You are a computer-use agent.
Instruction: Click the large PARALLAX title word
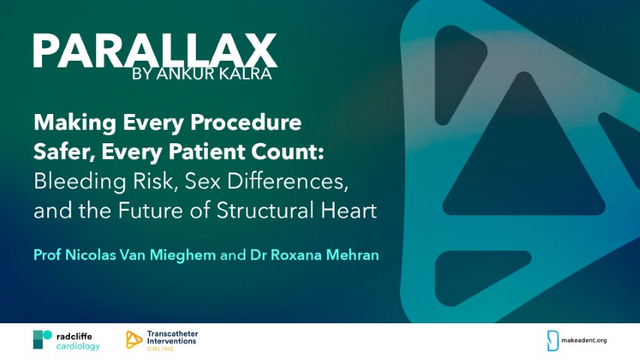[155, 51]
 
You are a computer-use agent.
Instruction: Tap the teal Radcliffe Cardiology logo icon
[42, 339]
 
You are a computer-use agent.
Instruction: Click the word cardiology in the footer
[78, 346]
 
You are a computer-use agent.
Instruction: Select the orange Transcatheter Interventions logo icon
[134, 339]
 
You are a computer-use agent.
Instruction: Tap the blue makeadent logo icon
[553, 340]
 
